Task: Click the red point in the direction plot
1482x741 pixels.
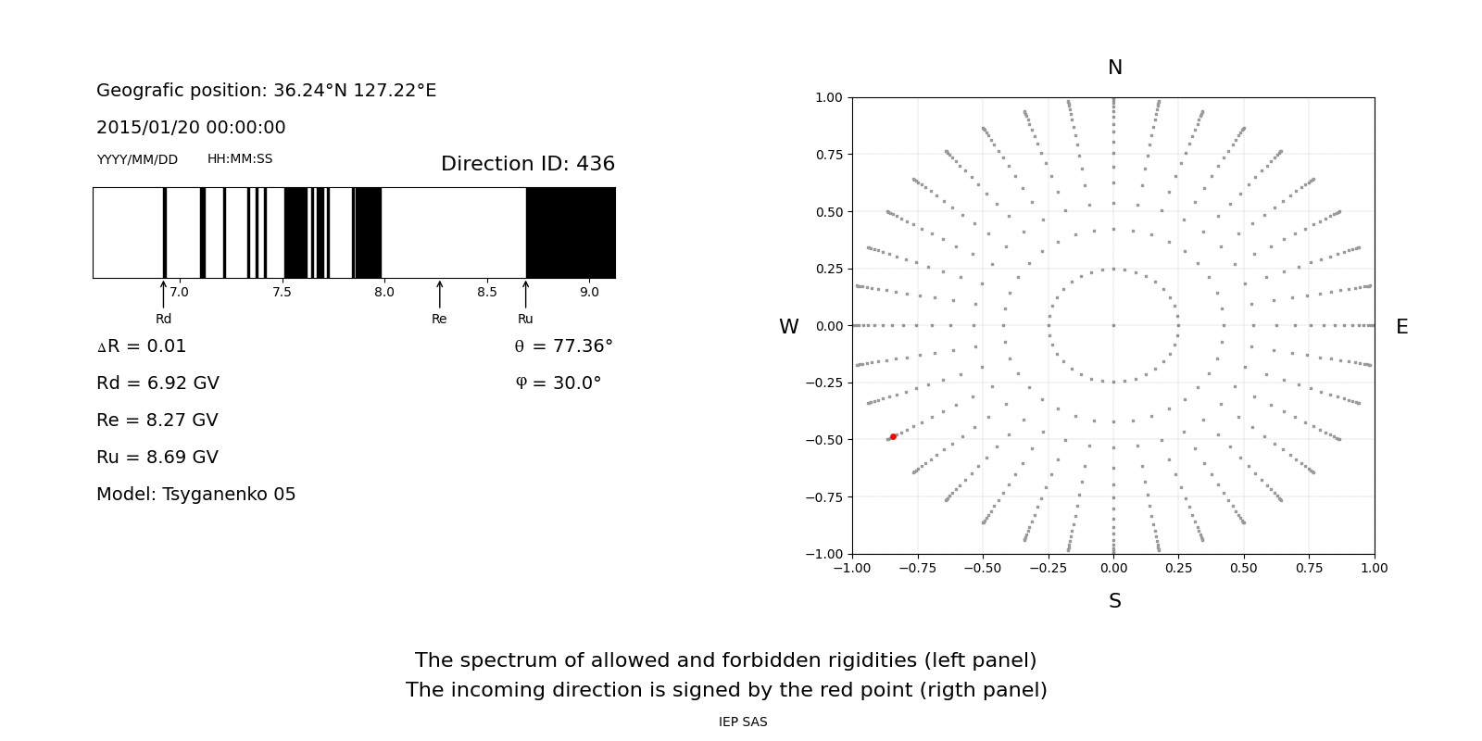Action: (x=893, y=436)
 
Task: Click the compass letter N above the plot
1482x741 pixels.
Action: (x=1114, y=68)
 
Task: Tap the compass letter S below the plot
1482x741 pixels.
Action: (x=1114, y=601)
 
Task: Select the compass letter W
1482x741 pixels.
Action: (x=788, y=327)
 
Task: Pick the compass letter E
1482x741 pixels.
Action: (x=1401, y=327)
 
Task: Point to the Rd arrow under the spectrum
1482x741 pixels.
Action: (x=164, y=295)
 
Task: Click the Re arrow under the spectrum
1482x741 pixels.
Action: (x=439, y=295)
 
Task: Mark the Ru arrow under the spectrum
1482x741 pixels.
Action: (x=525, y=295)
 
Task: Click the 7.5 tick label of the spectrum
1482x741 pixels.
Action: (x=282, y=293)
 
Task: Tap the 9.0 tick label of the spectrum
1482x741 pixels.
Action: (x=589, y=293)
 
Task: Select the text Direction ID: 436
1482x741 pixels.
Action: (x=527, y=164)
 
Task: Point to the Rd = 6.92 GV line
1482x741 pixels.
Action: (x=157, y=383)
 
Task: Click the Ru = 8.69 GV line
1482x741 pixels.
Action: (x=157, y=458)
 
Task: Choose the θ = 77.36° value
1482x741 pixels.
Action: (x=563, y=346)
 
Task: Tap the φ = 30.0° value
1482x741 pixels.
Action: (x=558, y=383)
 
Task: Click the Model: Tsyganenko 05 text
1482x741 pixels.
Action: (x=195, y=495)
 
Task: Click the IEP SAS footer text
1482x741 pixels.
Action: (x=743, y=722)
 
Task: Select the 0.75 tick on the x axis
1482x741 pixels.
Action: (x=1309, y=568)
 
